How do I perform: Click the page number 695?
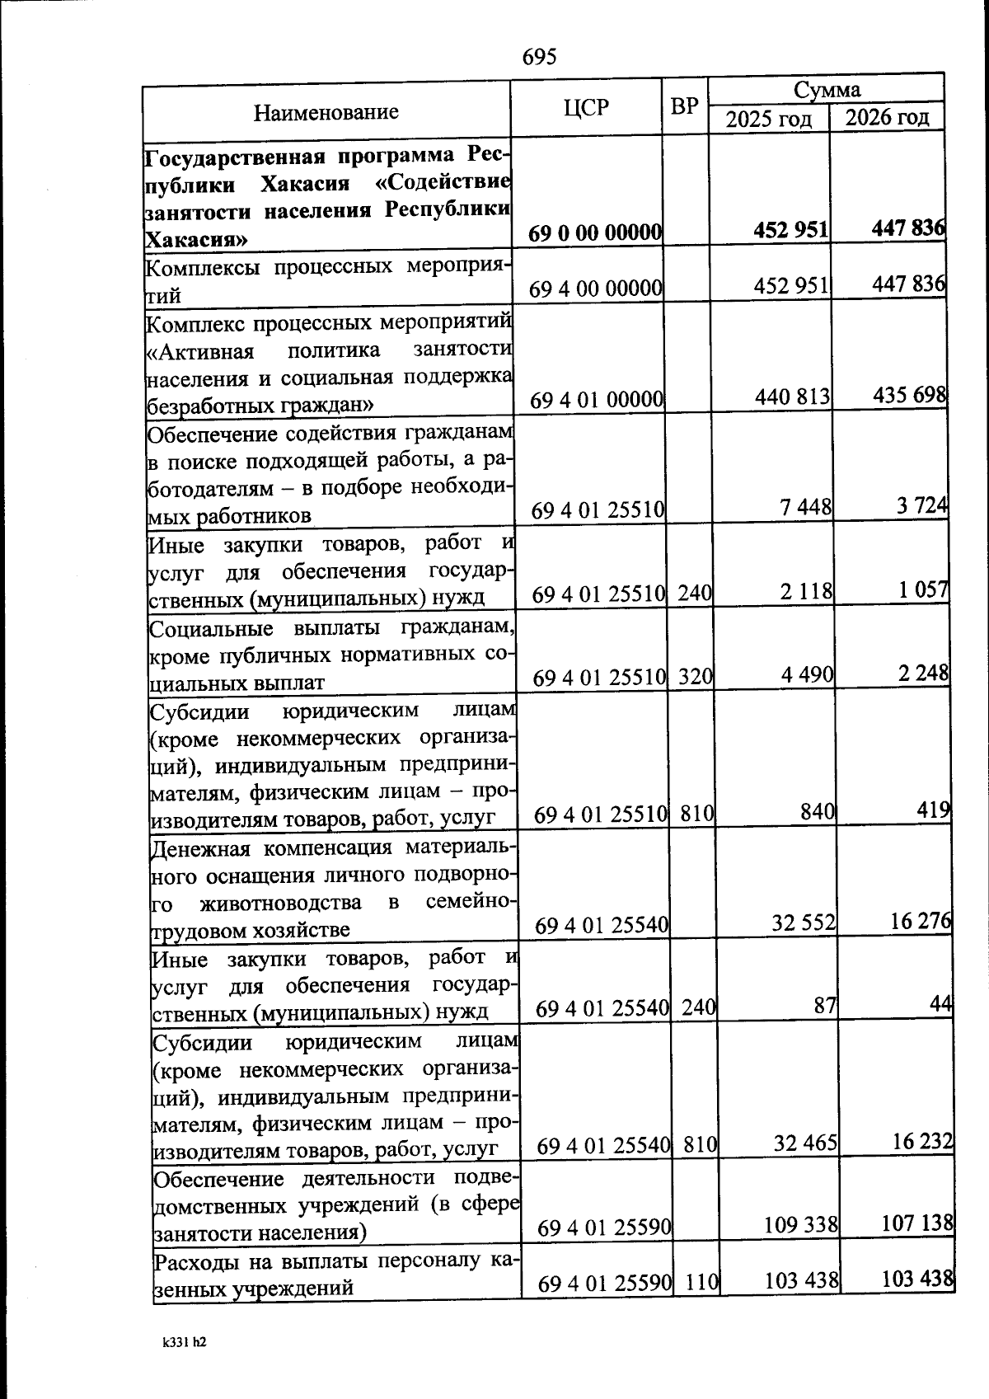click(540, 56)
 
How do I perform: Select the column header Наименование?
click(326, 111)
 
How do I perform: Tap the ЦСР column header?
click(586, 107)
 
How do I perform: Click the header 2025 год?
click(768, 119)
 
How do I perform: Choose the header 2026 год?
click(887, 117)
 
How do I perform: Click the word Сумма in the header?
click(827, 89)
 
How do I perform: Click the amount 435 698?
click(909, 395)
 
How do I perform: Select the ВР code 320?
click(696, 677)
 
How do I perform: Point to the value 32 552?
click(804, 923)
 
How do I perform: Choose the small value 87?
click(825, 1005)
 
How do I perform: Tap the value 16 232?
click(922, 1141)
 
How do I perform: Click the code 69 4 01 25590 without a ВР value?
click(604, 1228)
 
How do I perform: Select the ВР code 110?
click(702, 1282)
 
